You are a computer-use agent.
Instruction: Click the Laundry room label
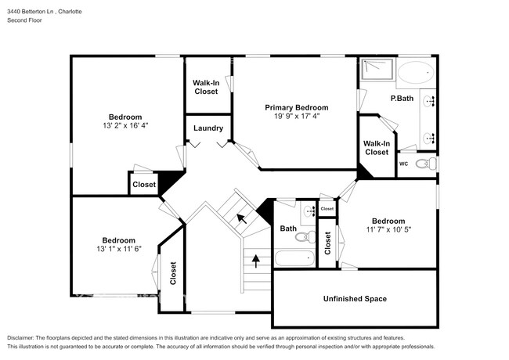point(208,128)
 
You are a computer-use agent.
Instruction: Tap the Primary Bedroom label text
point(296,107)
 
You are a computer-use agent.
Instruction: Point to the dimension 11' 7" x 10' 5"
point(388,229)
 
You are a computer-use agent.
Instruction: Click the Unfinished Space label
point(355,299)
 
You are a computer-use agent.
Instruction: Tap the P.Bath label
point(402,98)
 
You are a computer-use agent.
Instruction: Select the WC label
point(404,164)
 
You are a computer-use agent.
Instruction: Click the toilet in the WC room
point(423,164)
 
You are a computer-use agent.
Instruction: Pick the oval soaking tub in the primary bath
point(415,74)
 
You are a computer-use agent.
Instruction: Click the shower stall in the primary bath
point(377,71)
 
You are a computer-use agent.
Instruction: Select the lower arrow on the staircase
point(254,259)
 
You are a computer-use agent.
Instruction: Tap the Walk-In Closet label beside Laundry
point(206,87)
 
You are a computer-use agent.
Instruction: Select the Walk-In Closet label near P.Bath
point(377,147)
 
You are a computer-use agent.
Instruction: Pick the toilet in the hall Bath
point(309,236)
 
